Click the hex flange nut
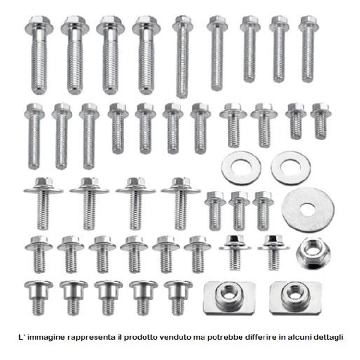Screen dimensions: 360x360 [x=313, y=253]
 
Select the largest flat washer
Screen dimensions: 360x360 [x=308, y=209]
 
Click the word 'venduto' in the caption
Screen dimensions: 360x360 [x=175, y=337]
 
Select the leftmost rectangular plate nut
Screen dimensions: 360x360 [x=229, y=298]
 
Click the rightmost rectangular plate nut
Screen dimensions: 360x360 [x=296, y=298]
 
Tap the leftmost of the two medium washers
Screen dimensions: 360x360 [x=241, y=168]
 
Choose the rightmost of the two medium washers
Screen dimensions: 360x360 [x=290, y=168]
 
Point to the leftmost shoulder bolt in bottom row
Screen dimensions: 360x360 [x=38, y=297]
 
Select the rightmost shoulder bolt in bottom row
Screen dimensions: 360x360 [x=178, y=297]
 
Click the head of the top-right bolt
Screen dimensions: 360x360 [x=308, y=23]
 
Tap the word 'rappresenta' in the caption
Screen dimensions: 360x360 [x=89, y=338]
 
